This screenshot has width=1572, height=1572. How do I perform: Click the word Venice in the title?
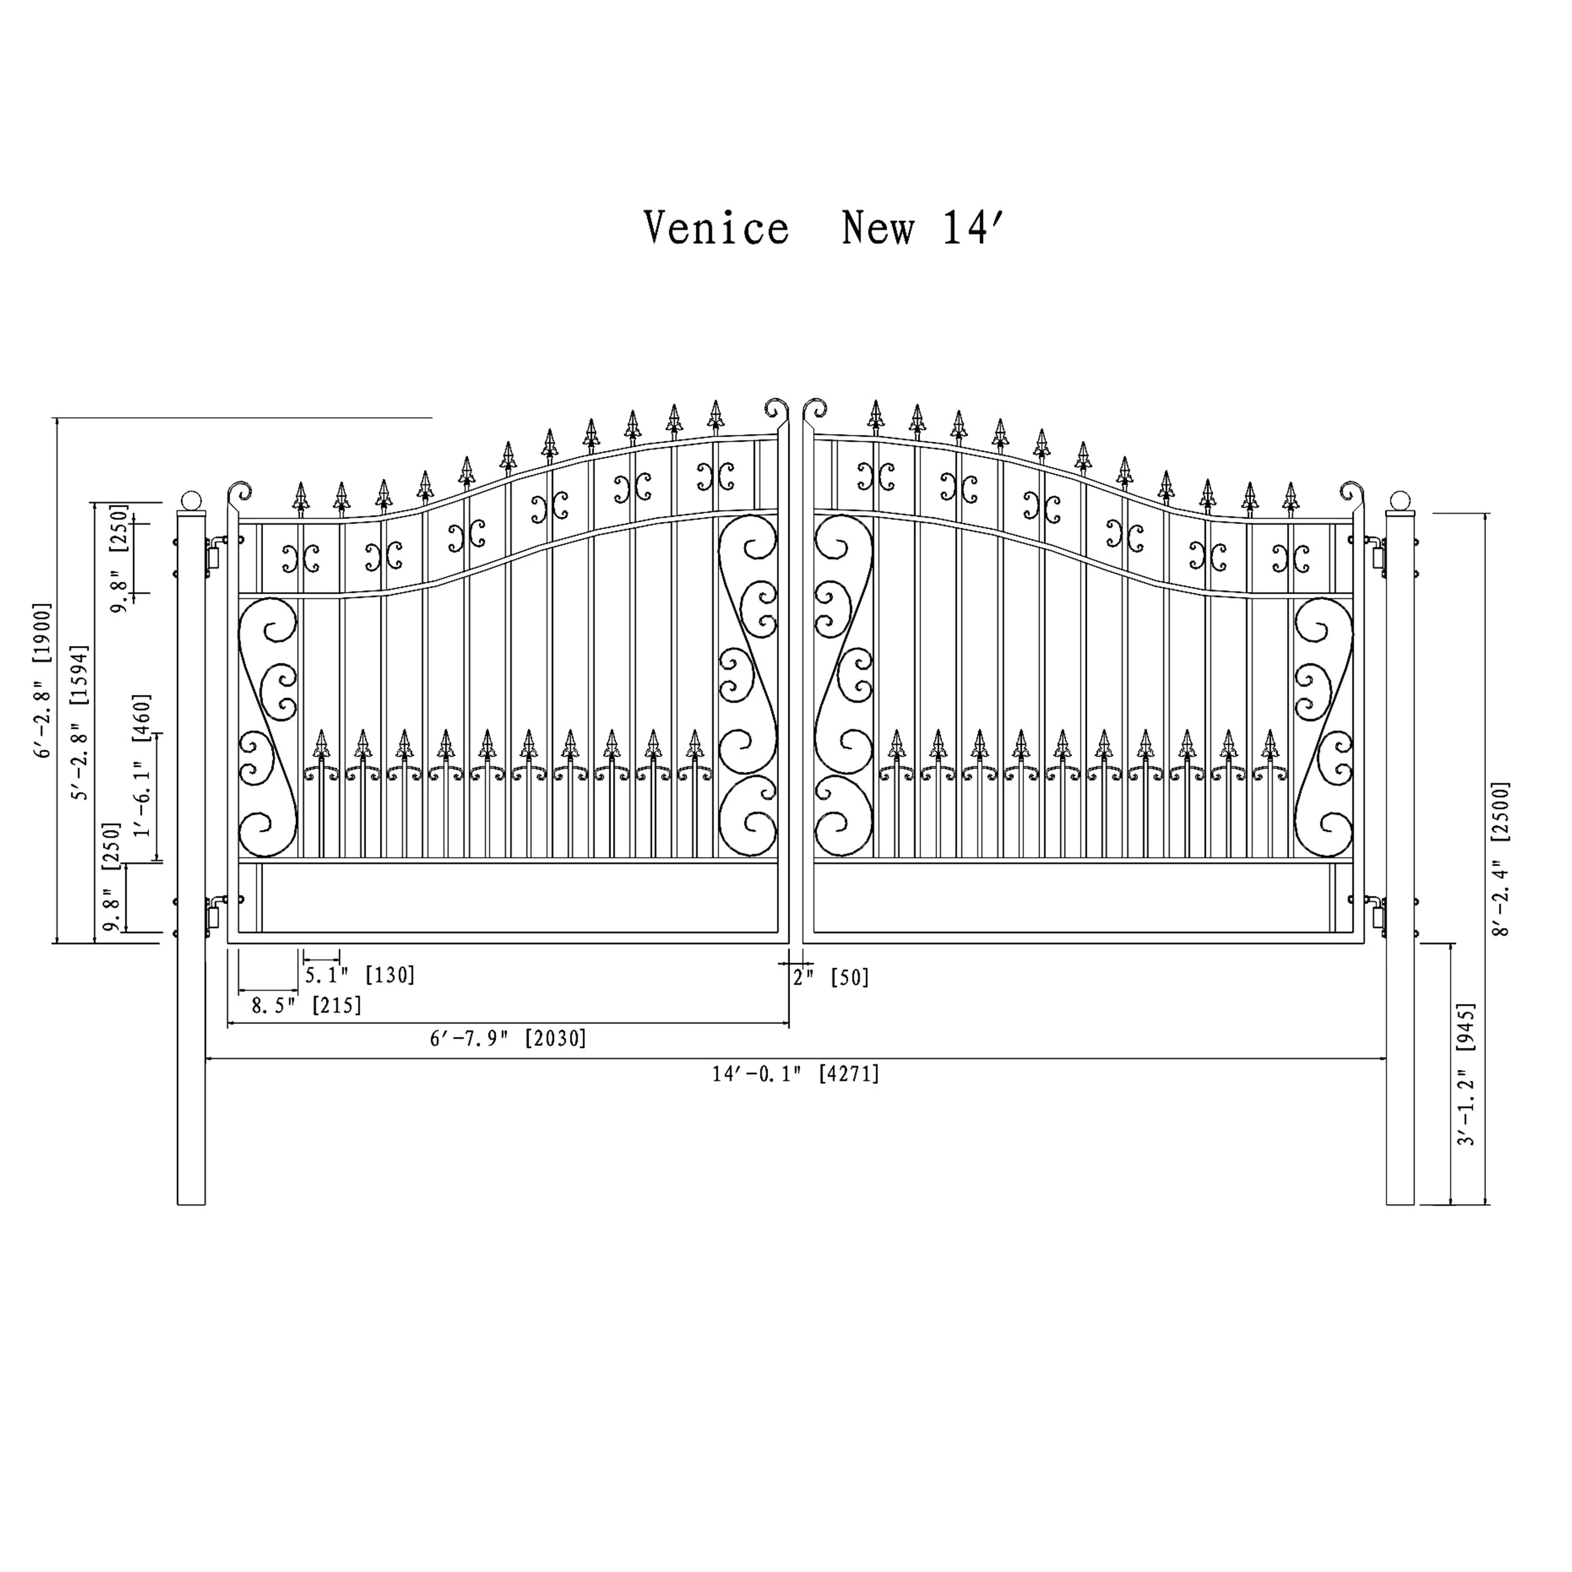[x=716, y=228]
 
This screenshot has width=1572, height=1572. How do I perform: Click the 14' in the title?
[x=975, y=228]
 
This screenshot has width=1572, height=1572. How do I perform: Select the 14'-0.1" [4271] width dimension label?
[x=796, y=1074]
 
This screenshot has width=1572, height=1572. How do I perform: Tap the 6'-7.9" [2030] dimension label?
[x=508, y=1038]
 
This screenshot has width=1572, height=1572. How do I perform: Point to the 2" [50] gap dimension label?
[x=831, y=977]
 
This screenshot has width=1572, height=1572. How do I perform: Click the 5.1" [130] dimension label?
[x=359, y=975]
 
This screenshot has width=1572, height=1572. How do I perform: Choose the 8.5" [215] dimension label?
[x=306, y=1006]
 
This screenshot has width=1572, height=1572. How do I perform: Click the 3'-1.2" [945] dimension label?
[x=1466, y=1074]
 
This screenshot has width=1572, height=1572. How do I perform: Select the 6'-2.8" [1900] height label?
[x=42, y=680]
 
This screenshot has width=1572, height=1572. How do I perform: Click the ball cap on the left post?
[x=191, y=500]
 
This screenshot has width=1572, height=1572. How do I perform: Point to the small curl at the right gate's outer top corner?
[x=1351, y=492]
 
